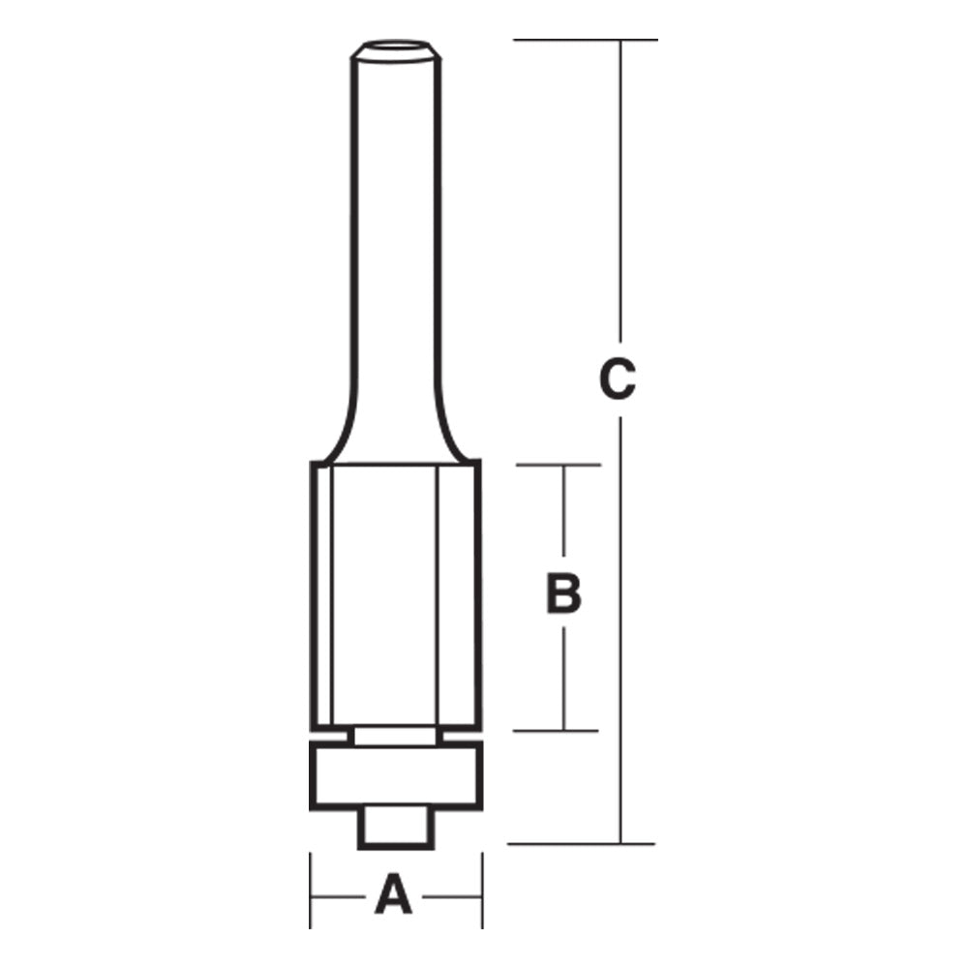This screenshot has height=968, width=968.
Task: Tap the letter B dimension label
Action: point(563,594)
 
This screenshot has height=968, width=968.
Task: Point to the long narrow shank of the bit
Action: point(395,242)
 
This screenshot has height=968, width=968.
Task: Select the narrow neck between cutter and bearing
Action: point(395,737)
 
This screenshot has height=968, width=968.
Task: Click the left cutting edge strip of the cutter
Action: point(321,595)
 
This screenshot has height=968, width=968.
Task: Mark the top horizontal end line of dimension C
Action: point(586,40)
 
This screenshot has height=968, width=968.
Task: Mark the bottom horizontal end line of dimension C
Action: point(581,843)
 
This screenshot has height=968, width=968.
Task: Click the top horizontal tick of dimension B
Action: point(559,465)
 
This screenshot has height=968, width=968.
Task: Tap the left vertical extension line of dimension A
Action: point(310,891)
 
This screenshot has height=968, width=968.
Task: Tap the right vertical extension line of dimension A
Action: point(481,891)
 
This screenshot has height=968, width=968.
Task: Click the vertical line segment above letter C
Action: point(620,194)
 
